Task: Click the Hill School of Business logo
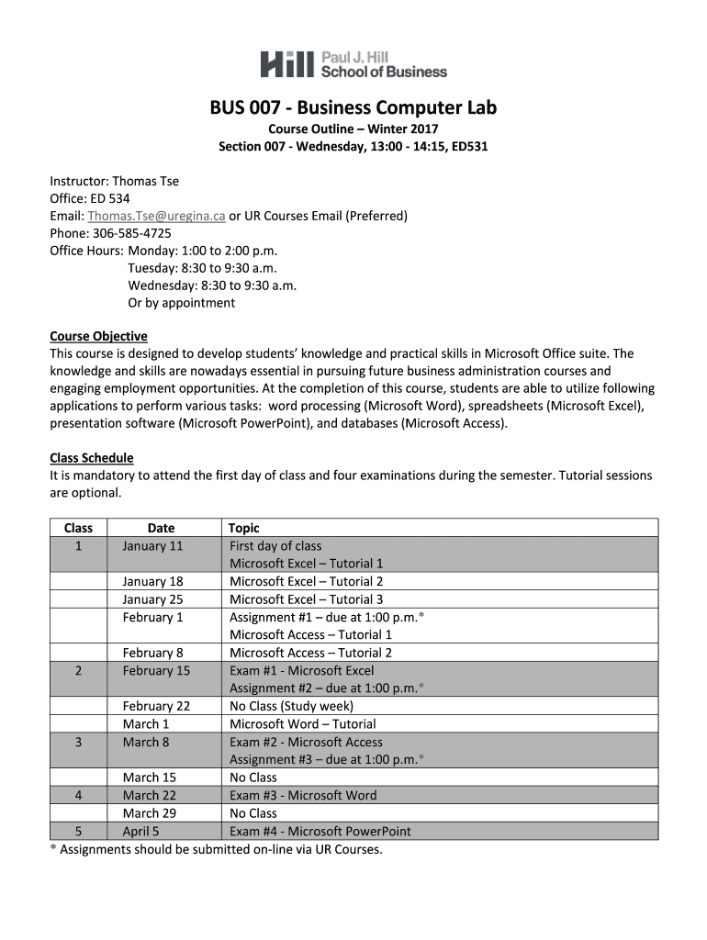[x=353, y=63]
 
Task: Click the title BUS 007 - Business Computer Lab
[x=353, y=108]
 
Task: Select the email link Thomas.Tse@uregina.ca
[x=156, y=216]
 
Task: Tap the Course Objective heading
[x=98, y=336]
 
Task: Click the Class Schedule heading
[x=91, y=458]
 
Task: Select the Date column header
[x=161, y=528]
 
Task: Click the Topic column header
[x=244, y=528]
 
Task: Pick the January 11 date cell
[x=152, y=546]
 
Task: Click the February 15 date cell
[x=156, y=671]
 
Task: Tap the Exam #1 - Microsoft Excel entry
[x=302, y=671]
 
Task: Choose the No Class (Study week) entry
[x=291, y=706]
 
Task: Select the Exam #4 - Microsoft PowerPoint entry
[x=320, y=832]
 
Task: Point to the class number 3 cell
[x=79, y=742]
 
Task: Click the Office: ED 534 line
[x=90, y=198]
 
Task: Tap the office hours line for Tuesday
[x=202, y=268]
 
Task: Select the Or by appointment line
[x=182, y=303]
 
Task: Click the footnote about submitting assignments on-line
[x=216, y=849]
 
